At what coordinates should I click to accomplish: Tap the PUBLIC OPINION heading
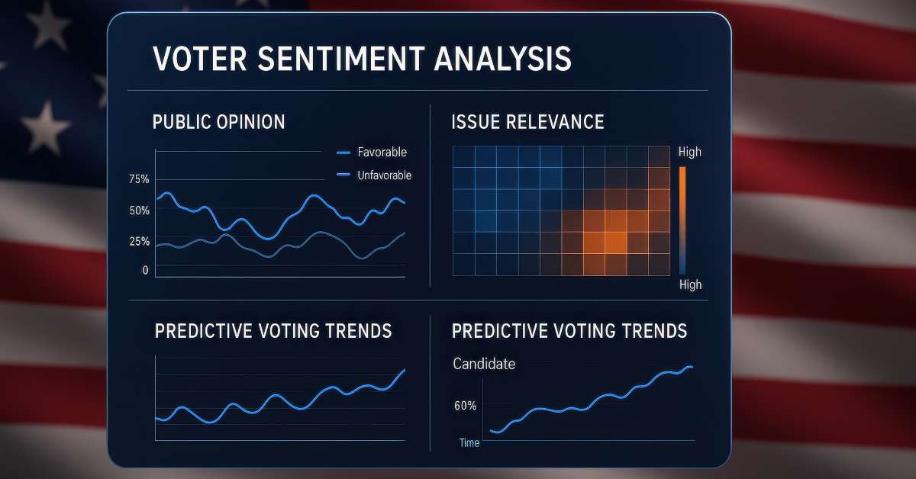[x=219, y=122]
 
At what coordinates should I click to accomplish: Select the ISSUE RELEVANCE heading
[x=528, y=122]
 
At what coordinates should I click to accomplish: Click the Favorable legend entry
[x=382, y=153]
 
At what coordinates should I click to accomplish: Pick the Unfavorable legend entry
[x=384, y=175]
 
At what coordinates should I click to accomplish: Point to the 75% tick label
[x=140, y=180]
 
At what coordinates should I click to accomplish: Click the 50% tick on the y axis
[x=140, y=211]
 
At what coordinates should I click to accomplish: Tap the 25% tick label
[x=140, y=242]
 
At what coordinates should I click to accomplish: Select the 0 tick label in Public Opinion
[x=145, y=270]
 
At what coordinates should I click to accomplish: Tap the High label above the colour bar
[x=689, y=153]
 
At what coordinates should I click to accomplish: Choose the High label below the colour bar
[x=689, y=285]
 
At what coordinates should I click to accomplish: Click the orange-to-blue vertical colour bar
[x=682, y=219]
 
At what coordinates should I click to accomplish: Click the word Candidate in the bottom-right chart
[x=484, y=365]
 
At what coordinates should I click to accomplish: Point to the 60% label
[x=465, y=407]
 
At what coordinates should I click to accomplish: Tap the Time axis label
[x=469, y=443]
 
